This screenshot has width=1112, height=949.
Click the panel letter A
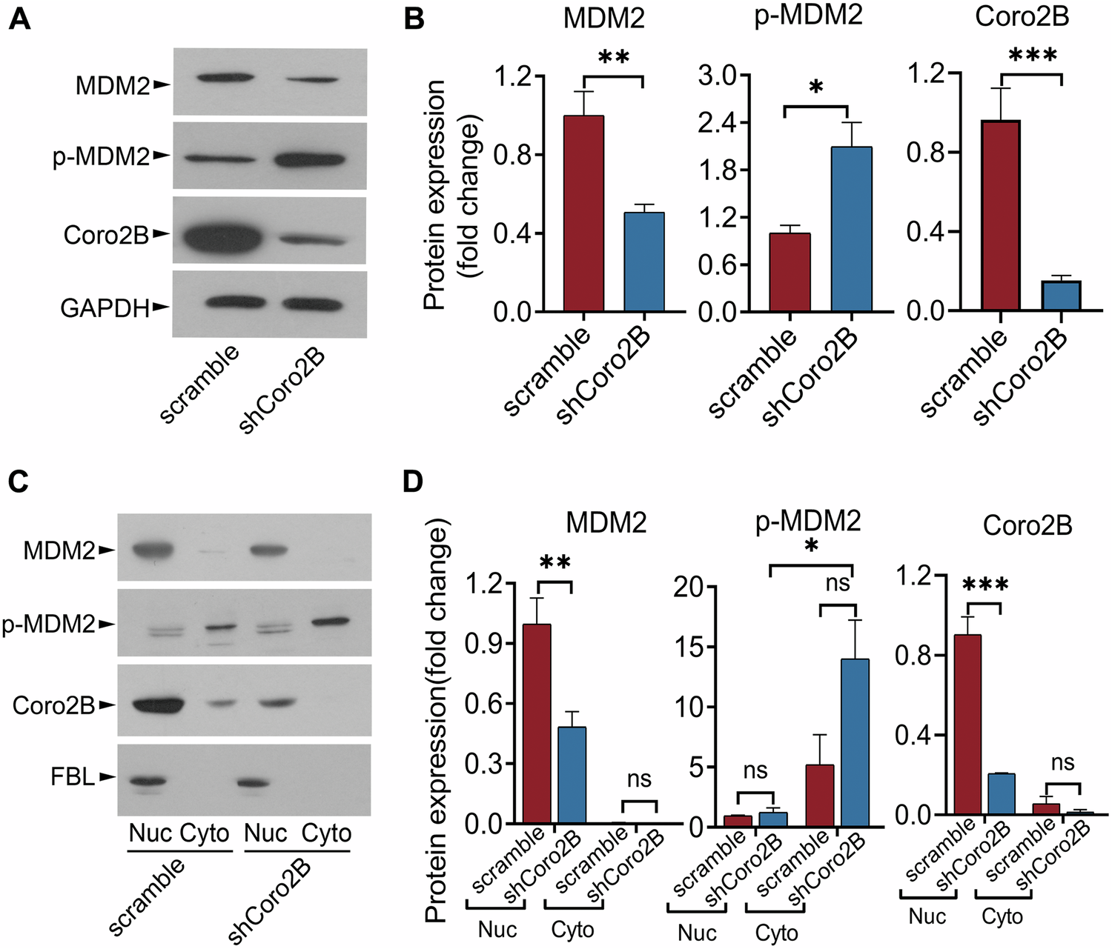[19, 18]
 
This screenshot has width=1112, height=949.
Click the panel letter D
[413, 482]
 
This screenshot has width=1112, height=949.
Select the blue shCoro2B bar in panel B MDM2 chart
[643, 262]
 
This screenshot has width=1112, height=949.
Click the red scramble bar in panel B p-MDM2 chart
[790, 272]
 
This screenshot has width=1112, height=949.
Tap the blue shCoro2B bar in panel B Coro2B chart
[1061, 295]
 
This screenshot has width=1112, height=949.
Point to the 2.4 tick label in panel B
[718, 123]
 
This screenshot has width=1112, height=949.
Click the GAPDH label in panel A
[105, 307]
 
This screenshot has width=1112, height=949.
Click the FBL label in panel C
[73, 777]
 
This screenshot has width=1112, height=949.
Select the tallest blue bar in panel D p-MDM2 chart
[855, 741]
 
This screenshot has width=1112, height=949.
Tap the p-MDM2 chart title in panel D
[808, 522]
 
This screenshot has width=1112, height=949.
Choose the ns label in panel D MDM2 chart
[638, 779]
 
